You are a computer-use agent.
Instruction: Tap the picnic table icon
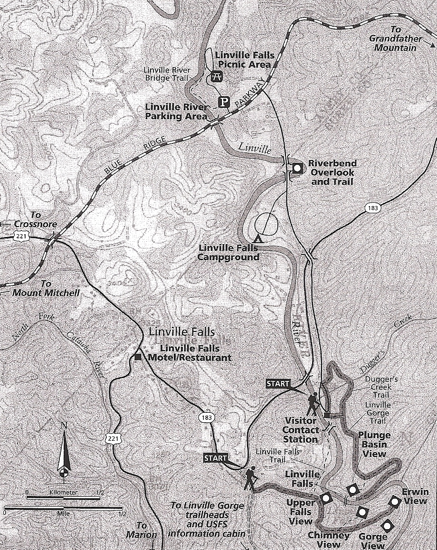217,76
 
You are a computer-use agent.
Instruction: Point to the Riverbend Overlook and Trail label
332,172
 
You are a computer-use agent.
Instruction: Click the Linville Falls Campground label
229,252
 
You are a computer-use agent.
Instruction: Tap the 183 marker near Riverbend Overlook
372,208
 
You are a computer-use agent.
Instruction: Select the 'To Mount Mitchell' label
46,288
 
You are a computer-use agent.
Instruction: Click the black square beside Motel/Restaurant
138,357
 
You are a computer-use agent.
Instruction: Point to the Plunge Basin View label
374,444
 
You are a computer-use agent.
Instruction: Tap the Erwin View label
415,496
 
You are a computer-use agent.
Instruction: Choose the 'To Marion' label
141,530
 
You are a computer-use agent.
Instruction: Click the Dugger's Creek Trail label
378,387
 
